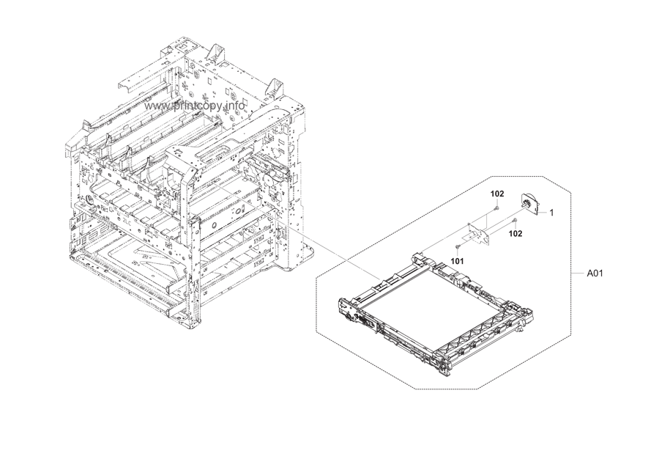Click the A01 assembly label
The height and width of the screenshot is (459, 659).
point(595,273)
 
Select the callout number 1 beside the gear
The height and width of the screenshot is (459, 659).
point(551,213)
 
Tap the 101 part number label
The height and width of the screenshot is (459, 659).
point(458,260)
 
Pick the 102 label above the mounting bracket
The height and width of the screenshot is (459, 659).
point(497,194)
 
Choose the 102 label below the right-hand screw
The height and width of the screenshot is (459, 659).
point(515,234)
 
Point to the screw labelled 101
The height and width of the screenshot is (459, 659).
point(457,247)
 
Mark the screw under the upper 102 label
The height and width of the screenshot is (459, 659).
point(497,208)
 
